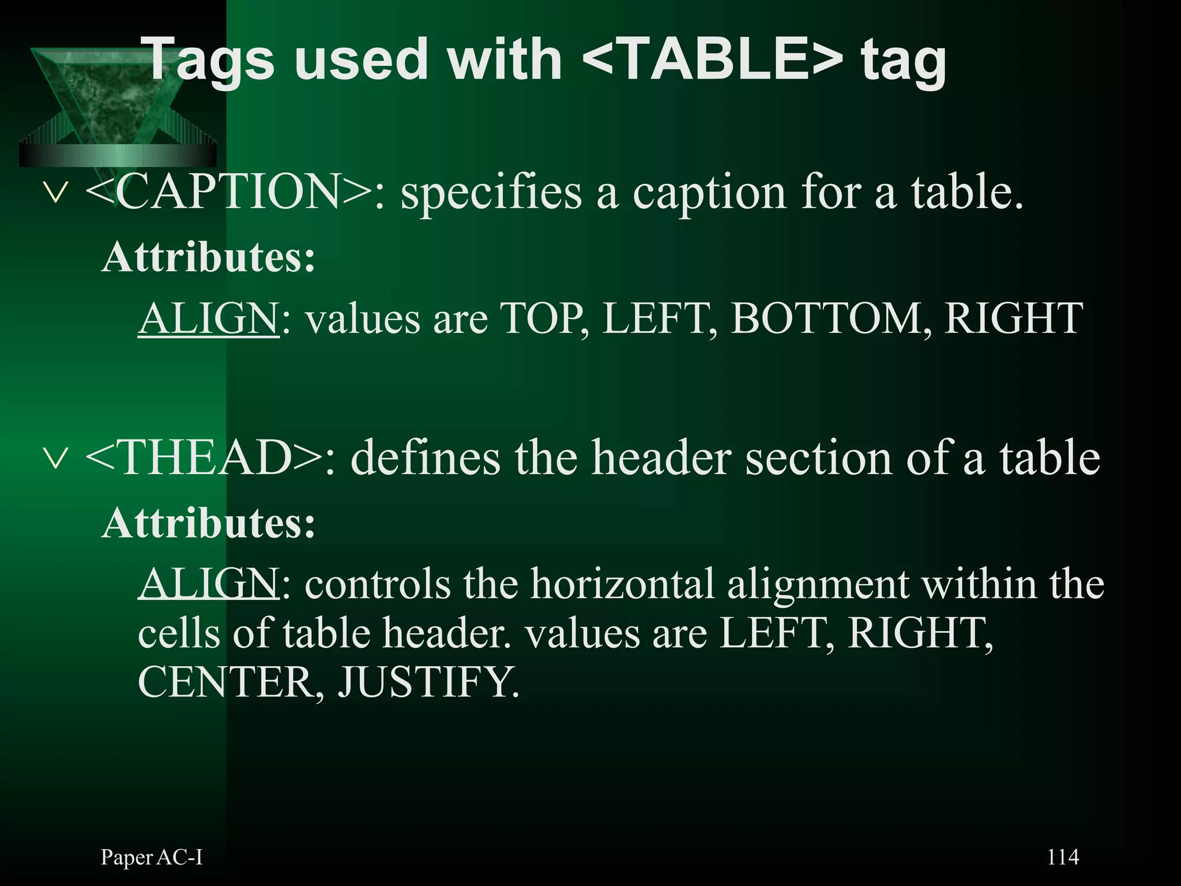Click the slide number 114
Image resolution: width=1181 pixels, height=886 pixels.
[x=1062, y=857]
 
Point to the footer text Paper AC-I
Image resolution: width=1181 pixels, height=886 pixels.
[x=152, y=857]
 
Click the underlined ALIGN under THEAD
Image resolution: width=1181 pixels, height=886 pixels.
[x=209, y=584]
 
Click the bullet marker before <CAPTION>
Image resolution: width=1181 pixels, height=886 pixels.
[x=56, y=193]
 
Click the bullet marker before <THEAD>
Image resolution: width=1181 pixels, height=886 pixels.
[x=56, y=459]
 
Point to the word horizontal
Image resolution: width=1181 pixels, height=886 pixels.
[x=623, y=584]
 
